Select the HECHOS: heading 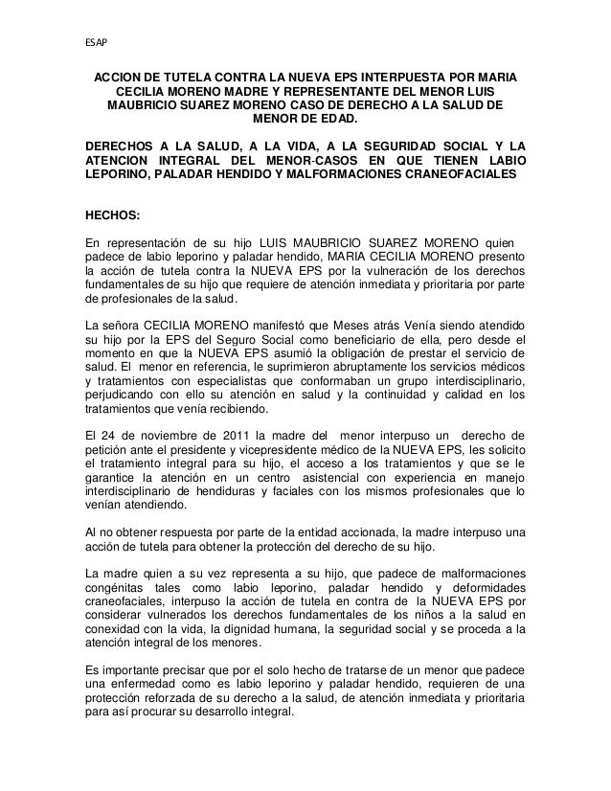coord(113,216)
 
